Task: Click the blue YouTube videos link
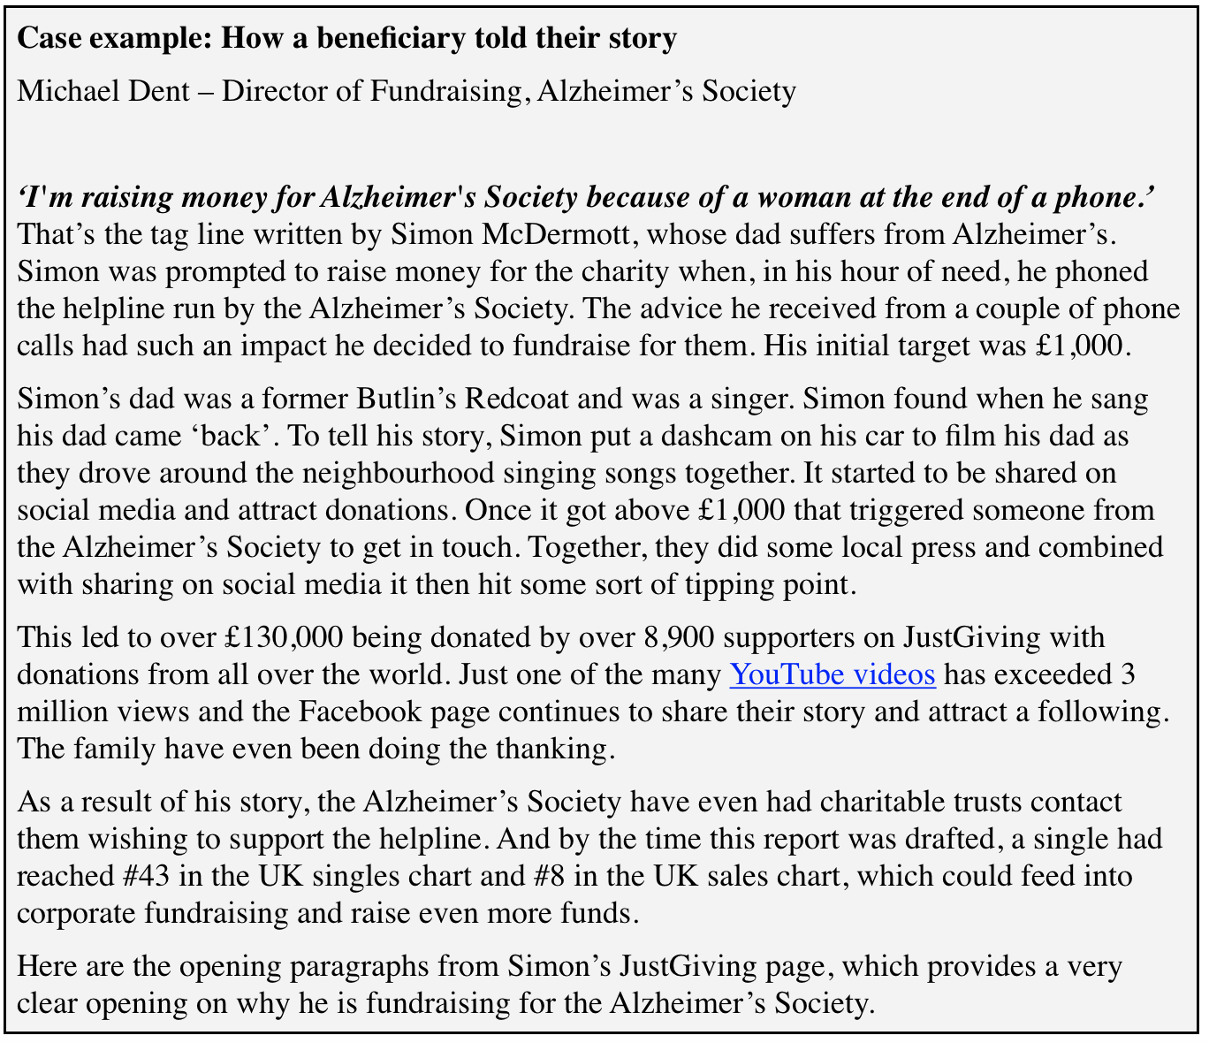[x=832, y=675]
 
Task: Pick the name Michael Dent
[x=103, y=91]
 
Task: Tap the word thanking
[x=551, y=750]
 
